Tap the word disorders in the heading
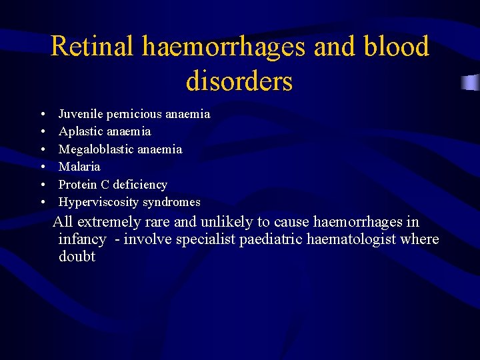coord(239,81)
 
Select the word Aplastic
coord(80,131)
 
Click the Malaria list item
coord(79,166)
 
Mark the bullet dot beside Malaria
coord(42,167)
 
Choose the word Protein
coord(77,184)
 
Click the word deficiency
coord(140,184)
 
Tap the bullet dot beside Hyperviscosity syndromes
coord(42,202)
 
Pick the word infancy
coord(82,239)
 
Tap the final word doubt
coord(77,257)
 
